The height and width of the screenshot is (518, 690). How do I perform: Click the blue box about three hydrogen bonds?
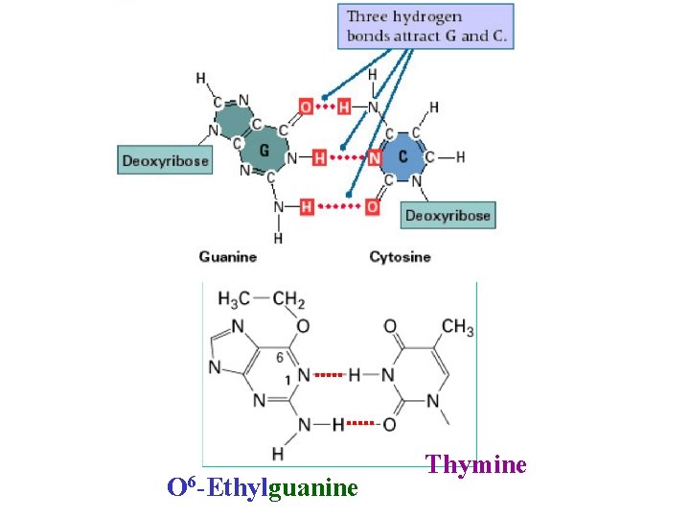425,27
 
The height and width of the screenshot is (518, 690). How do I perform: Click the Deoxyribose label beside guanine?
165,160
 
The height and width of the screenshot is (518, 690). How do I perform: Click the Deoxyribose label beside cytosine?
448,215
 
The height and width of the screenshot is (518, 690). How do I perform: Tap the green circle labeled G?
264,151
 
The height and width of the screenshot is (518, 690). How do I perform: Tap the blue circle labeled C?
403,156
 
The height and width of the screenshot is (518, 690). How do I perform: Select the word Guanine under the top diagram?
228,256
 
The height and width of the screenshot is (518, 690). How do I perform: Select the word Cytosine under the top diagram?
400,256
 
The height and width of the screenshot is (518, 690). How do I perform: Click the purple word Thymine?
476,465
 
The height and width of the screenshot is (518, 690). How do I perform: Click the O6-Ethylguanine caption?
263,487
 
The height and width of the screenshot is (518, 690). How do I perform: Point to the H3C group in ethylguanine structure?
236,299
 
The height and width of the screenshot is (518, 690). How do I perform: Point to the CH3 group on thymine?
457,328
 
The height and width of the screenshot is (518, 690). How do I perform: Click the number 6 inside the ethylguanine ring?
280,356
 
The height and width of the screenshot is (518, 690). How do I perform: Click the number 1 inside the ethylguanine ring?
287,380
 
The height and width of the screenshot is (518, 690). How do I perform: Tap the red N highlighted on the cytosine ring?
375,157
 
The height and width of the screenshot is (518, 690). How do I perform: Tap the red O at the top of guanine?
306,107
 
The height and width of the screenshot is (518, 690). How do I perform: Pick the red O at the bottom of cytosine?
372,206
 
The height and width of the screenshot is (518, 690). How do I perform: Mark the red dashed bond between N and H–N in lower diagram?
328,375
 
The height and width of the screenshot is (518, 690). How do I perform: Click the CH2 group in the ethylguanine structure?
288,299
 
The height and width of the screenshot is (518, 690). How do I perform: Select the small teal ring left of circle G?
230,121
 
